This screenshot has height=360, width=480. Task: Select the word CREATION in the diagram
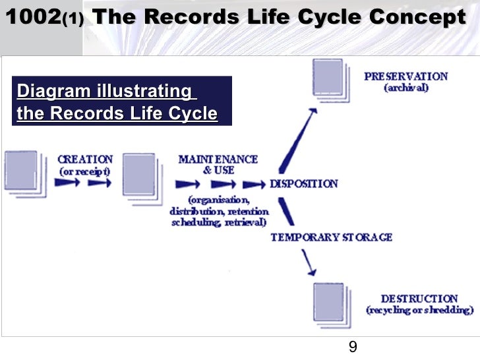pyautogui.click(x=85, y=160)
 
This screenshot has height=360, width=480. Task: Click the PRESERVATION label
pyautogui.click(x=405, y=76)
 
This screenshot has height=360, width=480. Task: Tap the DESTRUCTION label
pyautogui.click(x=419, y=299)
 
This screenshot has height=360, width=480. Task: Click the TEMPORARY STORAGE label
pyautogui.click(x=331, y=237)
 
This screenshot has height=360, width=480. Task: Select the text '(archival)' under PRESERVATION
pyautogui.click(x=406, y=88)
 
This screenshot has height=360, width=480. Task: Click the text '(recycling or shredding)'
pyautogui.click(x=419, y=310)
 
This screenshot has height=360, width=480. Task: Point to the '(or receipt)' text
pyautogui.click(x=85, y=171)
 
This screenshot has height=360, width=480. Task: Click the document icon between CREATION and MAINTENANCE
pyautogui.click(x=139, y=174)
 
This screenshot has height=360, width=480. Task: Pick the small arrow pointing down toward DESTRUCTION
pyautogui.click(x=307, y=264)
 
